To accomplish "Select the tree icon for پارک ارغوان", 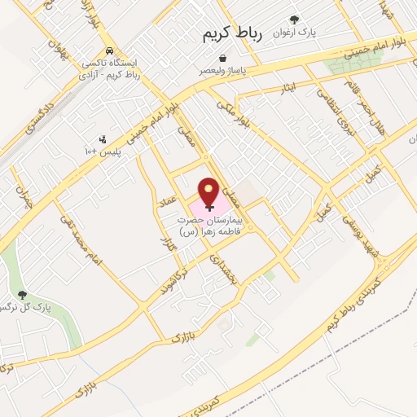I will [x=294, y=20].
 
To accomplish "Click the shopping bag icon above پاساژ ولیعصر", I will [x=223, y=58].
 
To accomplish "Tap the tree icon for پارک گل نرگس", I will [x=21, y=296].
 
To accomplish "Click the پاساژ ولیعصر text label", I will [x=224, y=71].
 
